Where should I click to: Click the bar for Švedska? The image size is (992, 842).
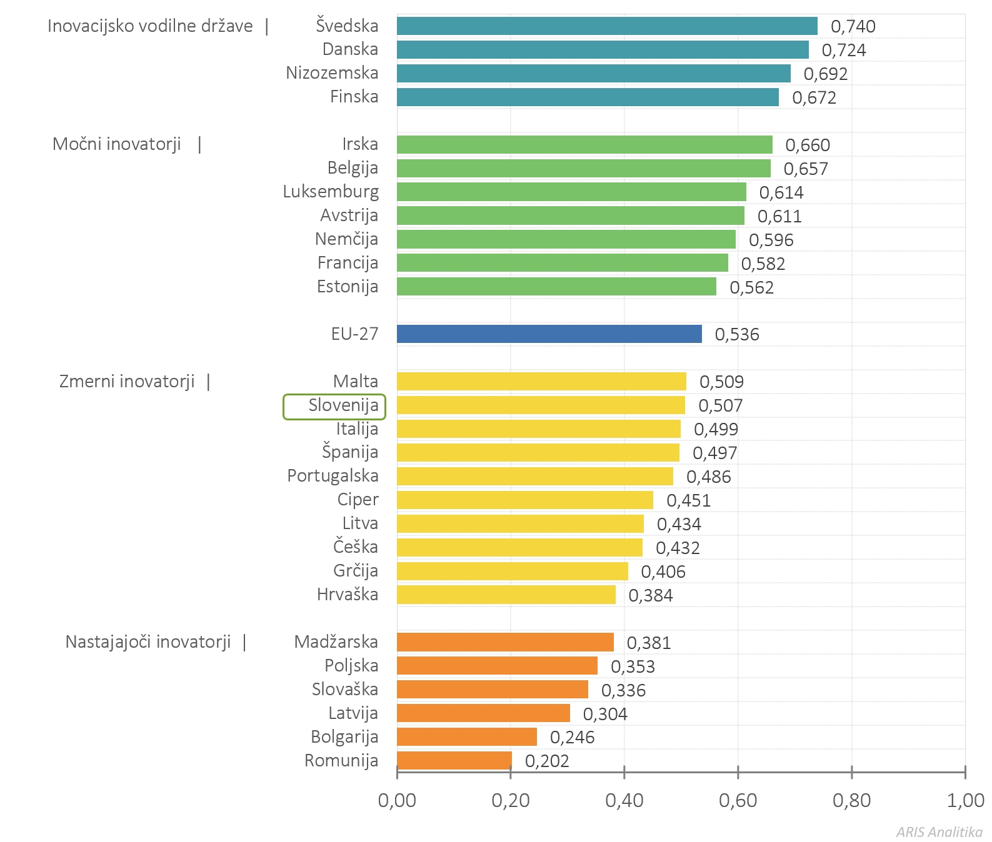coord(607,26)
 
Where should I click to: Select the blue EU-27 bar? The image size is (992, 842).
coord(549,334)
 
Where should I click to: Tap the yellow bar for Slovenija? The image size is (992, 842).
coord(541,405)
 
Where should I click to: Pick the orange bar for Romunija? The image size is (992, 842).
coord(454,761)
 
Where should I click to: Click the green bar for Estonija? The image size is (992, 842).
coord(556,287)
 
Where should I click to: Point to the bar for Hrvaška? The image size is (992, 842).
coord(506,595)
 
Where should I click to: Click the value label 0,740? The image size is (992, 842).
coord(853,27)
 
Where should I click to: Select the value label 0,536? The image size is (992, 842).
coord(736,335)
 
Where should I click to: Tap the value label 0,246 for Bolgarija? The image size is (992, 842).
coord(572,738)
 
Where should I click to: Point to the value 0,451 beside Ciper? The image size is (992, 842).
coord(688,501)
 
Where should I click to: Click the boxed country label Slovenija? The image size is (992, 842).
coord(335,406)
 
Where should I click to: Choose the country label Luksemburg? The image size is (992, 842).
coord(331,192)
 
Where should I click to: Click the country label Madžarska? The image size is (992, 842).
coord(336,642)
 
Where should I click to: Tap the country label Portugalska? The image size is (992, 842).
coord(333,476)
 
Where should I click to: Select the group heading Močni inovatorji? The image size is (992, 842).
coord(117,144)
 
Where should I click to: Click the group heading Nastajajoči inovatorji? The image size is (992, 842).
coord(148,642)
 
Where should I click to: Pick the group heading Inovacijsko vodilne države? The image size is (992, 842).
coord(150,26)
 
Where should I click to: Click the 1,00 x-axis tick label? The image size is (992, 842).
coord(965,800)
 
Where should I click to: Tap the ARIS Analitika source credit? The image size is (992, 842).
coord(939,832)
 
